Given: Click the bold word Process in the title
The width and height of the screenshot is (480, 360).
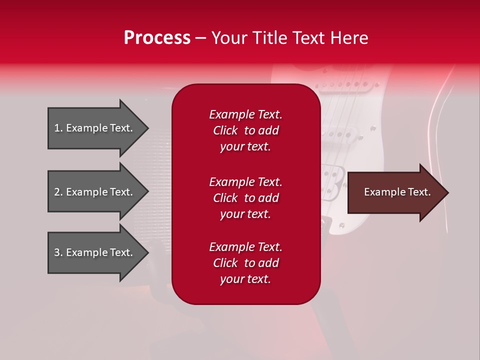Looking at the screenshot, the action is pos(157,37).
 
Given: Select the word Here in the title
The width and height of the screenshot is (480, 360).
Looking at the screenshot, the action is pos(349,37).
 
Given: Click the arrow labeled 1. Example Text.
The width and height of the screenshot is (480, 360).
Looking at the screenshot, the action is pos(98,128).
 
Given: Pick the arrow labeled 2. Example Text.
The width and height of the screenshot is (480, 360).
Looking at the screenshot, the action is pos(98,191).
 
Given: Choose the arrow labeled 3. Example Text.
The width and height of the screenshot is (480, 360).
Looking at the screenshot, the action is pos(98,252).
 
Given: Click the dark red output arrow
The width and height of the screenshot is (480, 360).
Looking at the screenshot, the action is pos(398,192).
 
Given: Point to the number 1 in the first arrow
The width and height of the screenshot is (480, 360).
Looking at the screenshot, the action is pos(57,128).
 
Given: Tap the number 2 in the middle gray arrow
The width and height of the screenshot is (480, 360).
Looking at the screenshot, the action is pos(57,192).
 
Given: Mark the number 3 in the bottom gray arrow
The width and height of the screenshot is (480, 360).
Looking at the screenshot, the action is pos(57,252).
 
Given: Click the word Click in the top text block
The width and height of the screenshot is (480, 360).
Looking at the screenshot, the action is pos(225,130).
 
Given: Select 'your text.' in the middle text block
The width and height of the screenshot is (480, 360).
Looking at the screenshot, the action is pos(245,214).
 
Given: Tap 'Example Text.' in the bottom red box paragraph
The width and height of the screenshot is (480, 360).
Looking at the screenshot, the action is pos(246,246).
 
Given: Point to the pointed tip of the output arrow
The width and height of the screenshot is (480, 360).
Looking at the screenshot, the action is pos(448,192).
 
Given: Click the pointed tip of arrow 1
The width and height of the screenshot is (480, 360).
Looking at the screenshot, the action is pos(148,128).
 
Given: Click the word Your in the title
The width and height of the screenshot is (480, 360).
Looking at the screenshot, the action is pos(229,37).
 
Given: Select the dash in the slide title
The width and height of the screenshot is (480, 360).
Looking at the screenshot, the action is pos(201,39).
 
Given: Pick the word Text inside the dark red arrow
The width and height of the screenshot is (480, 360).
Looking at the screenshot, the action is pos(419,192).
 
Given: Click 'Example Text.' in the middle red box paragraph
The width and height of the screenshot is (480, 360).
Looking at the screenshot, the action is pos(246,182).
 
